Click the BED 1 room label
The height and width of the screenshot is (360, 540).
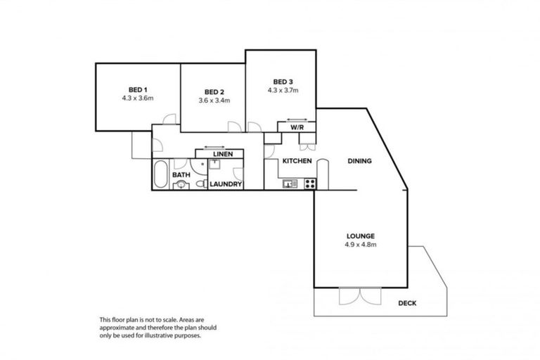[x=137, y=89]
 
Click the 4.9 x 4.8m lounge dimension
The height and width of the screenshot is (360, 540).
[x=359, y=245]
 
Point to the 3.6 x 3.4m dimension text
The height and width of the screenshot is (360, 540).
[x=213, y=101]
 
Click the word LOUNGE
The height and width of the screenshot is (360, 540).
[x=359, y=236]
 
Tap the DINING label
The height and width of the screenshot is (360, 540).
[x=359, y=161]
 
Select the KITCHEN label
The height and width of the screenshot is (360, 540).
[x=297, y=161]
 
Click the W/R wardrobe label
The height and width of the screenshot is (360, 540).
[x=296, y=127]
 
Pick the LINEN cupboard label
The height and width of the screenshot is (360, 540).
[x=224, y=153]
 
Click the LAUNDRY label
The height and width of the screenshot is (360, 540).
[x=226, y=184]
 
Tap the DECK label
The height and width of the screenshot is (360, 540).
[x=408, y=303]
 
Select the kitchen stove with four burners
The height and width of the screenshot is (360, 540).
[x=309, y=184]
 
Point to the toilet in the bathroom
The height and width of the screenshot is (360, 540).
[x=181, y=185]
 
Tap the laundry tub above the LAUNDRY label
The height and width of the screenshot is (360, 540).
[x=216, y=165]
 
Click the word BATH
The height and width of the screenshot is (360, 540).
[x=181, y=175]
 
